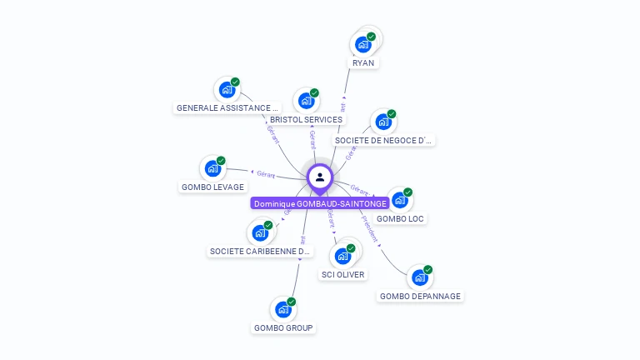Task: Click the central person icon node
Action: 320,177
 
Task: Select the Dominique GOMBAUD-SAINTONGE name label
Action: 320,203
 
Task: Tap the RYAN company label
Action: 363,62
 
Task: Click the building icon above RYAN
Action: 363,43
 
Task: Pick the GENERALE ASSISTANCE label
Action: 227,107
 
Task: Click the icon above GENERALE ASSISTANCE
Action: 227,89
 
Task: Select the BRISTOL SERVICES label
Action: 306,119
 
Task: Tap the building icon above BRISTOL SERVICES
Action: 307,101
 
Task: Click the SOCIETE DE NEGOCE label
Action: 383,140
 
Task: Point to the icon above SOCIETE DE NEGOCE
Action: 383,122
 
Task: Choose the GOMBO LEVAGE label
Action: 212,187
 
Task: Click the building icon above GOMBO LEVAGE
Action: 213,168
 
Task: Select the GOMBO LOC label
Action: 400,218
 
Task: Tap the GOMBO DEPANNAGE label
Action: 420,296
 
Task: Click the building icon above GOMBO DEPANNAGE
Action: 420,277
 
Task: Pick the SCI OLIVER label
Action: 342,274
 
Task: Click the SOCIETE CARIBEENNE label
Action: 260,251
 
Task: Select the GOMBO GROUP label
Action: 283,327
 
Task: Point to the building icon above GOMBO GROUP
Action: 283,309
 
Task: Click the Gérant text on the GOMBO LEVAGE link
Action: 266,174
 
